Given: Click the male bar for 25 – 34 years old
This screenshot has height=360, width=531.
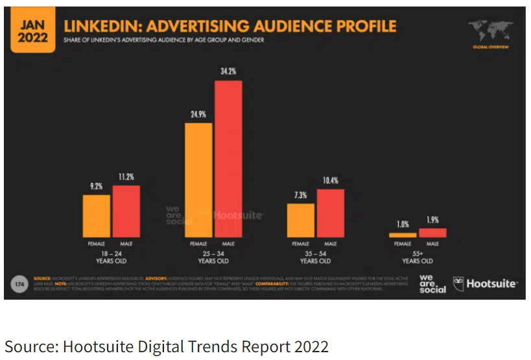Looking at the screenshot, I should point(228,159).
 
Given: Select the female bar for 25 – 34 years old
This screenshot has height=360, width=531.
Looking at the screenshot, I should point(198,180).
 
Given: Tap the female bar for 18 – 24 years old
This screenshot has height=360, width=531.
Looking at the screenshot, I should point(96,217).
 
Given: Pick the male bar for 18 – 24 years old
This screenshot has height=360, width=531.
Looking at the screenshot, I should point(126,211).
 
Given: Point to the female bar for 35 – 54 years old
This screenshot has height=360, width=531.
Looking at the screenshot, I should point(301,221).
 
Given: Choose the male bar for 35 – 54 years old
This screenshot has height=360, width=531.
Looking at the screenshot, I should point(331,213).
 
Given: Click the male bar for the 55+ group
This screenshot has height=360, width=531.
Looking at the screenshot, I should point(432,233).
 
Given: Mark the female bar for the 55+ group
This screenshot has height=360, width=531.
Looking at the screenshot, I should point(403,235).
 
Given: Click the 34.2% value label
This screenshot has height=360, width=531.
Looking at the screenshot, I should point(228,69).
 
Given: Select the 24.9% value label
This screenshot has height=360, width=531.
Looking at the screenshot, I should point(198,113).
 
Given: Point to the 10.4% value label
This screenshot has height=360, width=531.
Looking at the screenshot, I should point(330,180).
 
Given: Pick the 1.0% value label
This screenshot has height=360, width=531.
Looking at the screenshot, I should point(403,224).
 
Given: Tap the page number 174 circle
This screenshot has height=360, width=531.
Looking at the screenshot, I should point(19,283).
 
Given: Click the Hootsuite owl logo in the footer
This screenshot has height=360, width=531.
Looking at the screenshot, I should point(459,283).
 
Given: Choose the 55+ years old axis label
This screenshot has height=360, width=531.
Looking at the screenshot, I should point(418,258).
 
